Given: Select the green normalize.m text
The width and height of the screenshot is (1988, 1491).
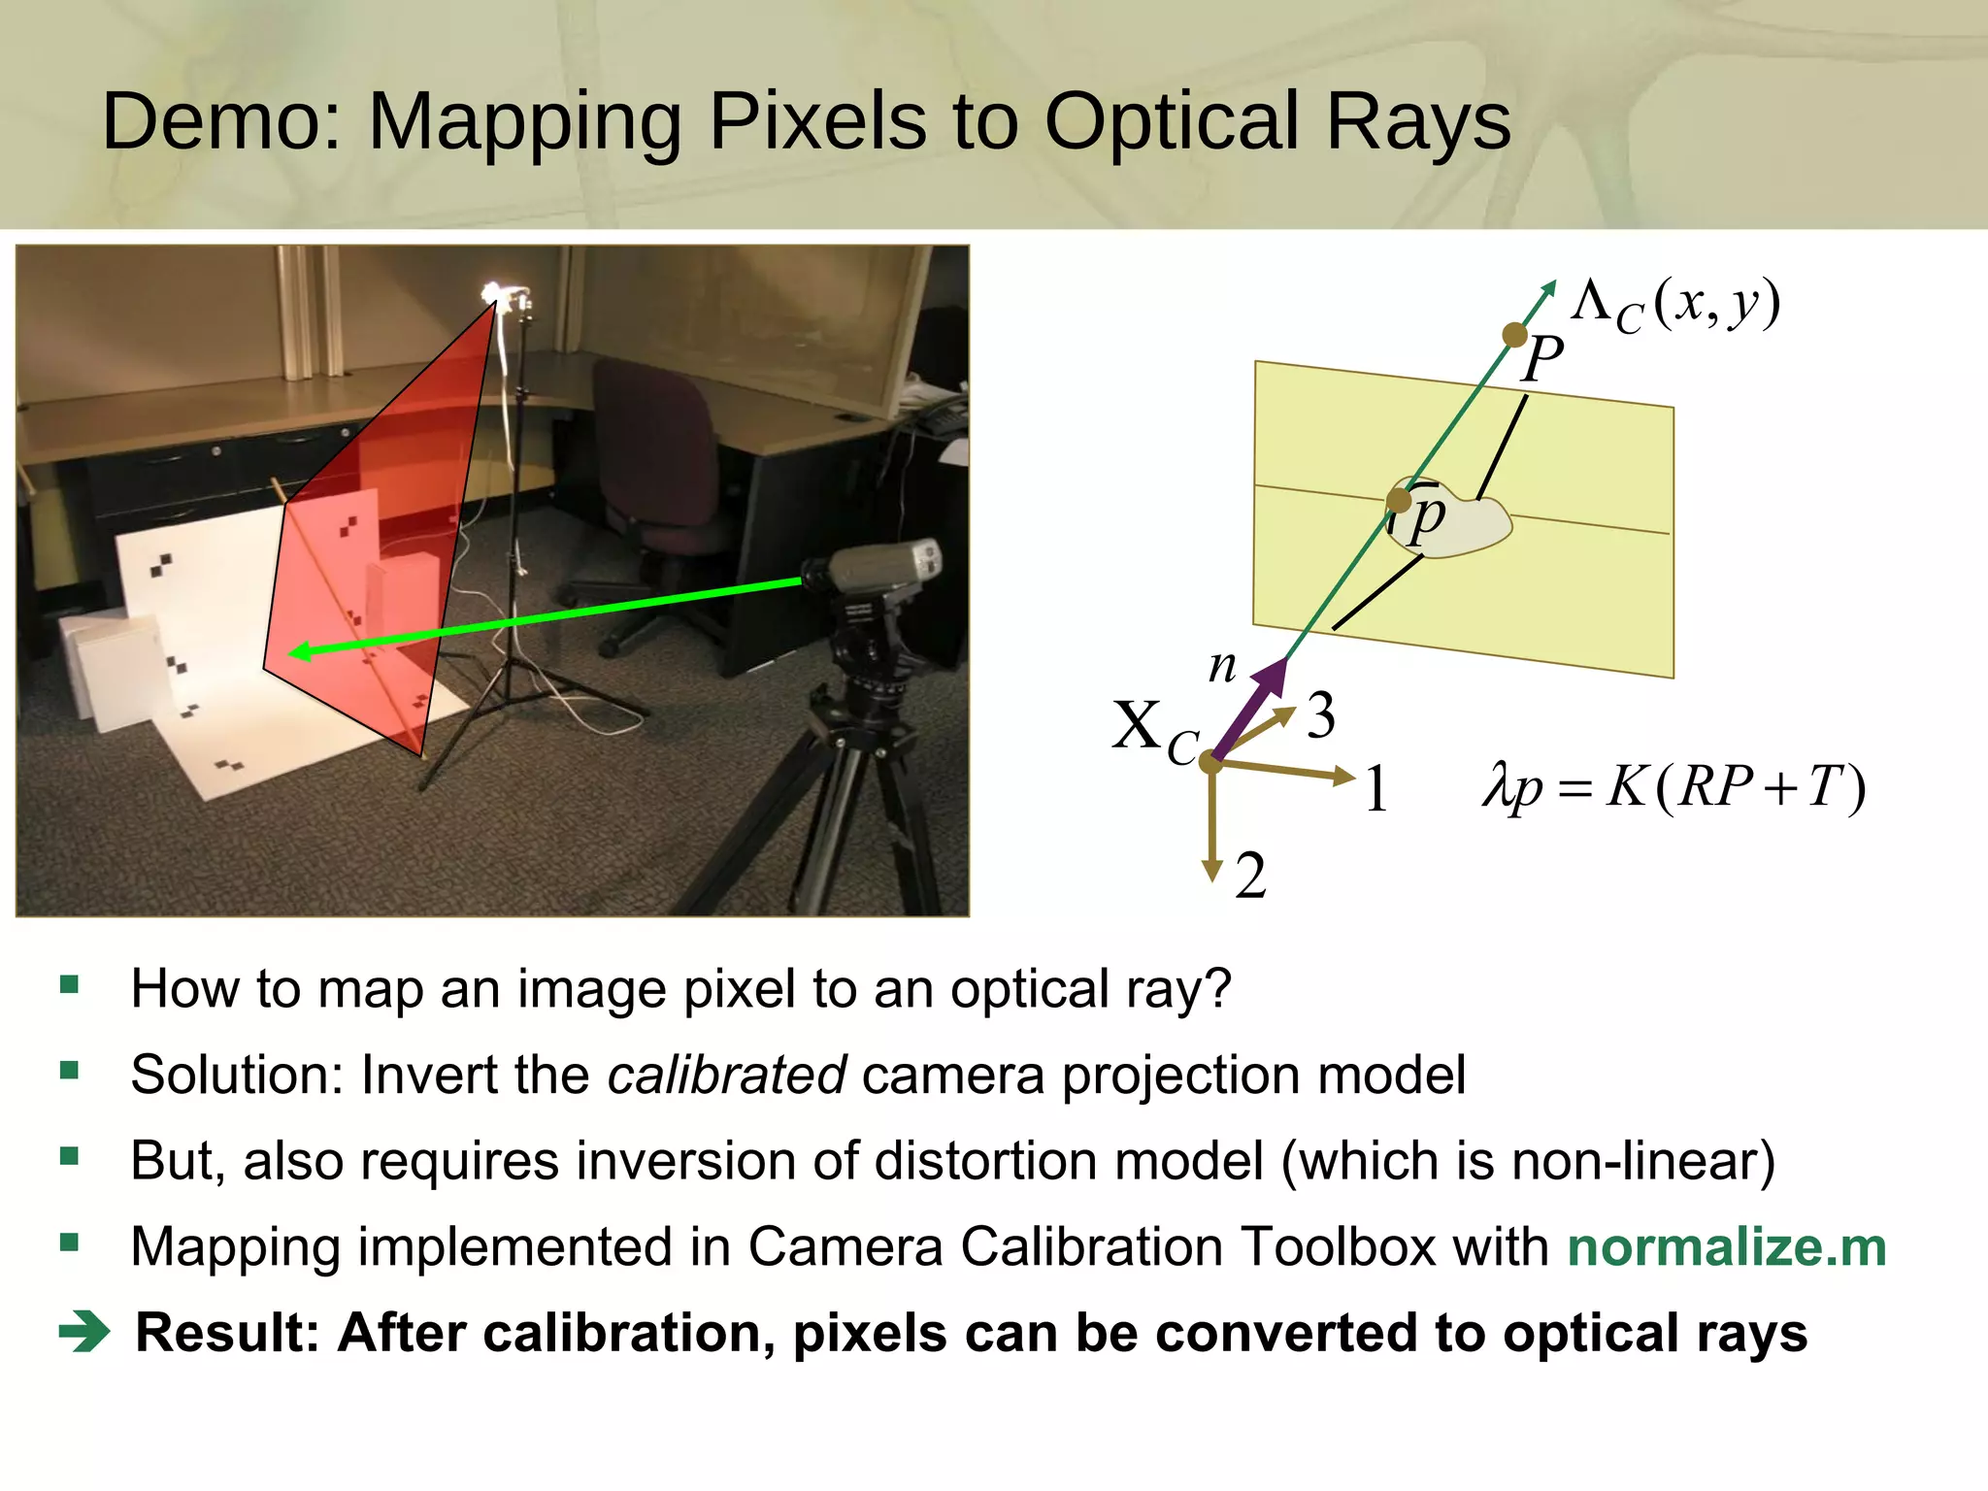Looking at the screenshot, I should [1727, 1246].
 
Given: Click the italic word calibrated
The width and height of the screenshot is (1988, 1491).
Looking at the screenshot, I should [727, 1075].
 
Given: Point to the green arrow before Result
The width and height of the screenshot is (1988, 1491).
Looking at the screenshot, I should [85, 1332].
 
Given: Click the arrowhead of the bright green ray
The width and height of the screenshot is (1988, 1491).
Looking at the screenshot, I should [301, 651].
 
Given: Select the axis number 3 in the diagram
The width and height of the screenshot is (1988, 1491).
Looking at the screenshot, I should [1320, 716].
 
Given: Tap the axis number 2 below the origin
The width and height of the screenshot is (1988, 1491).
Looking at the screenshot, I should [1250, 876].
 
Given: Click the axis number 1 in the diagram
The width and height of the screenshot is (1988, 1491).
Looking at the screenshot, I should [1376, 788].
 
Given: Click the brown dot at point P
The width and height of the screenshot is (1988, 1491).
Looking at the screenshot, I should [1514, 335].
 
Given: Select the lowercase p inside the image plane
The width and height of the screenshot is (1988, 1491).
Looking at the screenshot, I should [1427, 516].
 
